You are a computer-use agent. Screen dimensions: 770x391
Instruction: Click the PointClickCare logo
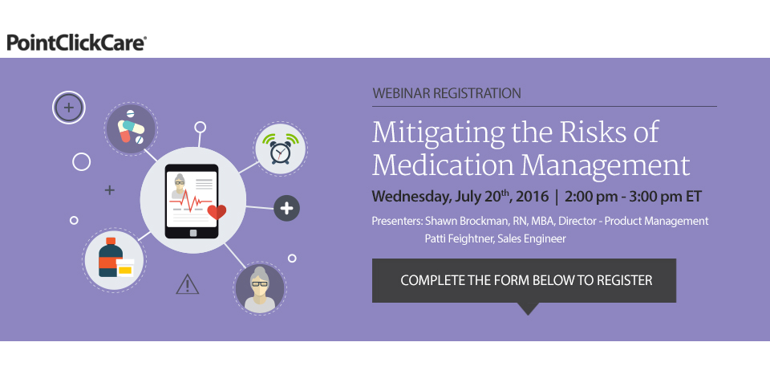(x=77, y=43)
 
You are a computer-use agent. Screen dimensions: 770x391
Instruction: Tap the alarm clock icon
(x=281, y=149)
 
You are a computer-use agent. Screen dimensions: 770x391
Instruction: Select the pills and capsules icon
(x=131, y=128)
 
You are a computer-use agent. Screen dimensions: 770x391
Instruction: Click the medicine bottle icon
(x=115, y=258)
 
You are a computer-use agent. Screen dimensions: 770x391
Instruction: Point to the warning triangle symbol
(x=188, y=285)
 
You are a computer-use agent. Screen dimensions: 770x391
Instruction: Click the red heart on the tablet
(x=217, y=212)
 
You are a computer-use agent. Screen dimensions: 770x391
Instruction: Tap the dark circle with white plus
(x=286, y=208)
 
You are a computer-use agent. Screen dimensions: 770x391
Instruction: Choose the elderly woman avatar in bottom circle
(x=260, y=289)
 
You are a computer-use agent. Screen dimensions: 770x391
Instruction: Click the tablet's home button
(x=193, y=233)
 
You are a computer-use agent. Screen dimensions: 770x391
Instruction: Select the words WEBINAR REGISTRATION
(x=447, y=93)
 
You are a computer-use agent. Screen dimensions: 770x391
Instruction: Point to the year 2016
(x=533, y=197)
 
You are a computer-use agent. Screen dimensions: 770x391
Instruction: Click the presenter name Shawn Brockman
(x=468, y=221)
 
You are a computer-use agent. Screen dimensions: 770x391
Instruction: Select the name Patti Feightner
(x=459, y=238)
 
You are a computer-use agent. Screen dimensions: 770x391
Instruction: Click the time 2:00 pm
(x=591, y=197)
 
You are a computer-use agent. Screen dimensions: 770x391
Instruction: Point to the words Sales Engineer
(x=532, y=239)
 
